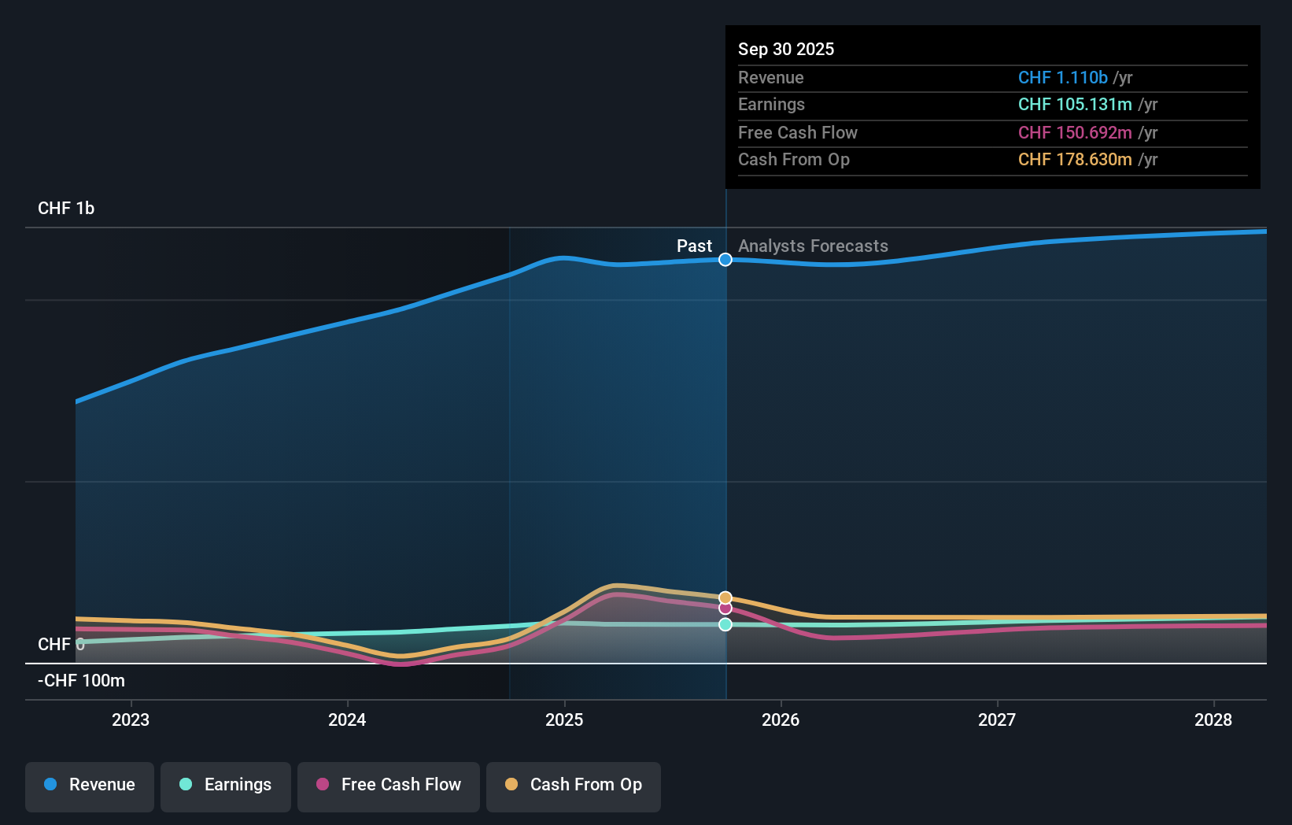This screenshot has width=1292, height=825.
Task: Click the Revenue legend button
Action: coord(90,785)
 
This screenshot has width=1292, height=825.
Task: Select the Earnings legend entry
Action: coord(226,785)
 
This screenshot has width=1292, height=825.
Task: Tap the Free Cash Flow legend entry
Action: coord(389,785)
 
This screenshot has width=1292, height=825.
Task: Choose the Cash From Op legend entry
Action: coord(574,785)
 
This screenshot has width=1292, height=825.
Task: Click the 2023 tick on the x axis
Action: coord(131,720)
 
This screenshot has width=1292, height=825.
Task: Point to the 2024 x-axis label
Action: coord(347,720)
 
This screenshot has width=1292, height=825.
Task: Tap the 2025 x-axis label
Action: coord(564,720)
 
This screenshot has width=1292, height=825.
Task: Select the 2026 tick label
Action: coord(781,720)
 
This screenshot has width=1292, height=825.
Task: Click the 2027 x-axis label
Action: coord(997,720)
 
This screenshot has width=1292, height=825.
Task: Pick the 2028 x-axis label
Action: coord(1213,720)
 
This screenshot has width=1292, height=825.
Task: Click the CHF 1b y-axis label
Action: coord(66,209)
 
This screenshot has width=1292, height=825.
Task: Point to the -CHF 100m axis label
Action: coord(81,681)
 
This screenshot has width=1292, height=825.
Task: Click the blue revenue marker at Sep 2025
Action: coord(725,260)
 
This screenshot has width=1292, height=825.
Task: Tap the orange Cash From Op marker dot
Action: coord(725,598)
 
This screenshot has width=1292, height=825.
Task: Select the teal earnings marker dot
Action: coord(725,624)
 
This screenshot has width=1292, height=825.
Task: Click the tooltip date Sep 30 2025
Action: coord(786,49)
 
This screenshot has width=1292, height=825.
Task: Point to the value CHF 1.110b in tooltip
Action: coord(1062,78)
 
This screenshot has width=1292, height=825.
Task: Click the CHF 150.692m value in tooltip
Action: coord(1075,133)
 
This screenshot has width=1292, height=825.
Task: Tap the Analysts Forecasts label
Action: coord(813,246)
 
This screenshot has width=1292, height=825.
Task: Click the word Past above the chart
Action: coord(694,246)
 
